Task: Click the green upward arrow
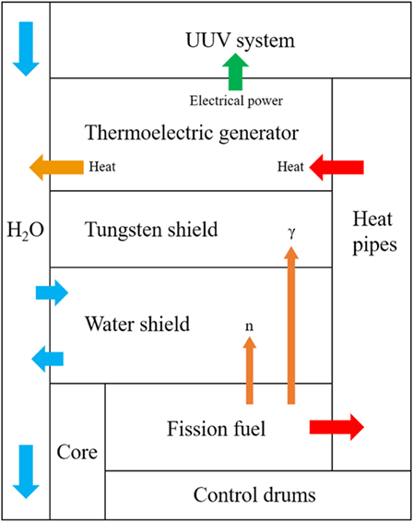pos(236,72)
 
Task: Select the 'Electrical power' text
pos(236,101)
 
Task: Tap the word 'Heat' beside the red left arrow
pos(289,167)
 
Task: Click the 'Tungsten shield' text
pos(151,229)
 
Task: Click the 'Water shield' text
pos(136,324)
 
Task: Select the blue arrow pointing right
pos(51,294)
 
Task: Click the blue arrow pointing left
pos(49,357)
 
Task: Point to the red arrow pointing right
pos(336,426)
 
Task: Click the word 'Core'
pos(77,454)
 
